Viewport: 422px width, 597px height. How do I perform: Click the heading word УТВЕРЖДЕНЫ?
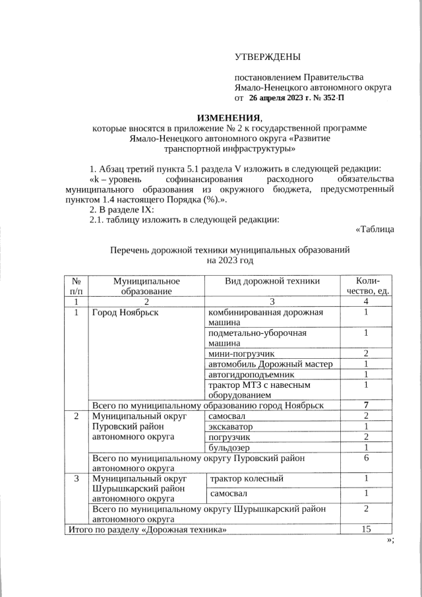pos(267,58)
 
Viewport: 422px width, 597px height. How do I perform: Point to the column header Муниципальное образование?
pos(146,286)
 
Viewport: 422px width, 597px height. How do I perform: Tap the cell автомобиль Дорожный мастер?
pos(270,364)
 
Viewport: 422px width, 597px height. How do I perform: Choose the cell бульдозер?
pos(229,448)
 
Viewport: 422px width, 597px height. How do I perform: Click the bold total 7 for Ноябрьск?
pos(365,404)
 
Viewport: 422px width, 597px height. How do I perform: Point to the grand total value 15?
pos(365,530)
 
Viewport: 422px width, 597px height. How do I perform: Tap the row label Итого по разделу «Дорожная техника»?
pos(148,530)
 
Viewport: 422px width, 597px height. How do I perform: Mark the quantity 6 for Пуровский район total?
pos(365,458)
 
